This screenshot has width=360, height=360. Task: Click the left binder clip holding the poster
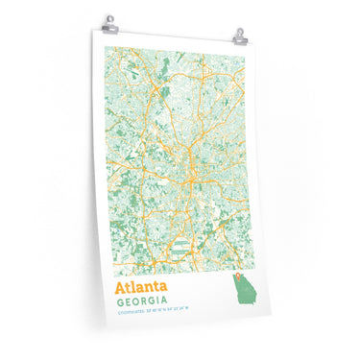(108, 22)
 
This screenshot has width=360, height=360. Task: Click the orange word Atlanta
(140, 287)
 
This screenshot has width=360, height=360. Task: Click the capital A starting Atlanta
(120, 287)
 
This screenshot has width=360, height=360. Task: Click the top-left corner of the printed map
(107, 46)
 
